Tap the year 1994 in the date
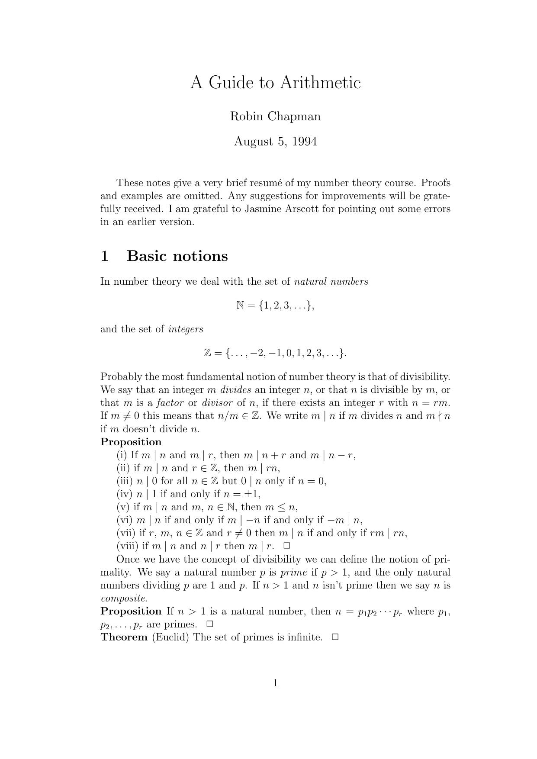pos(305,142)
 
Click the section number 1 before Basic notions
pos(104,256)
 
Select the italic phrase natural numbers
pos(331,282)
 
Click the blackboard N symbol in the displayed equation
pos(241,306)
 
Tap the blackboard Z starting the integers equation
pos(207,353)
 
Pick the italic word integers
pos(186,329)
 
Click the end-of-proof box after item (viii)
pos(286,546)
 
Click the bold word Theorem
pos(124,637)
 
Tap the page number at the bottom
pos(275,683)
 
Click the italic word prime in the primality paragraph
pos(293,572)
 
